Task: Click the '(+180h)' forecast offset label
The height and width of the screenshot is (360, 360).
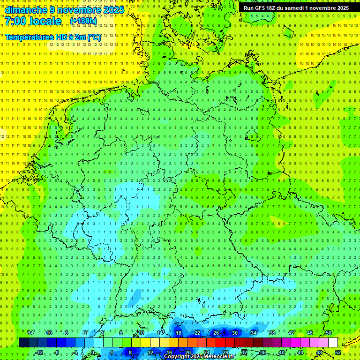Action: pyautogui.click(x=83, y=21)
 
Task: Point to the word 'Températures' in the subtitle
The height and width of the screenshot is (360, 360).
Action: pyautogui.click(x=28, y=37)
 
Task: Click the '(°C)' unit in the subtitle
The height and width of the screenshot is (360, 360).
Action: pyautogui.click(x=94, y=37)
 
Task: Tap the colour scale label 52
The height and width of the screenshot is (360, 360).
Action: pyautogui.click(x=338, y=352)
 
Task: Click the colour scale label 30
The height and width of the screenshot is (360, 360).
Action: pyautogui.click(x=235, y=333)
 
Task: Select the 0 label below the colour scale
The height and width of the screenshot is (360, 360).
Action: pyautogui.click(x=93, y=352)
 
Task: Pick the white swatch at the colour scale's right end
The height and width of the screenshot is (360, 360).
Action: pyautogui.click(x=333, y=343)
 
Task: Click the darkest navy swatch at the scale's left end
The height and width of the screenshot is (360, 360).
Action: pyautogui.click(x=23, y=343)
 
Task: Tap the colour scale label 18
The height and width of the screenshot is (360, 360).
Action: pyautogui.click(x=179, y=333)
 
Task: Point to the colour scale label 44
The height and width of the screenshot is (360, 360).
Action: pyautogui.click(x=300, y=352)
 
